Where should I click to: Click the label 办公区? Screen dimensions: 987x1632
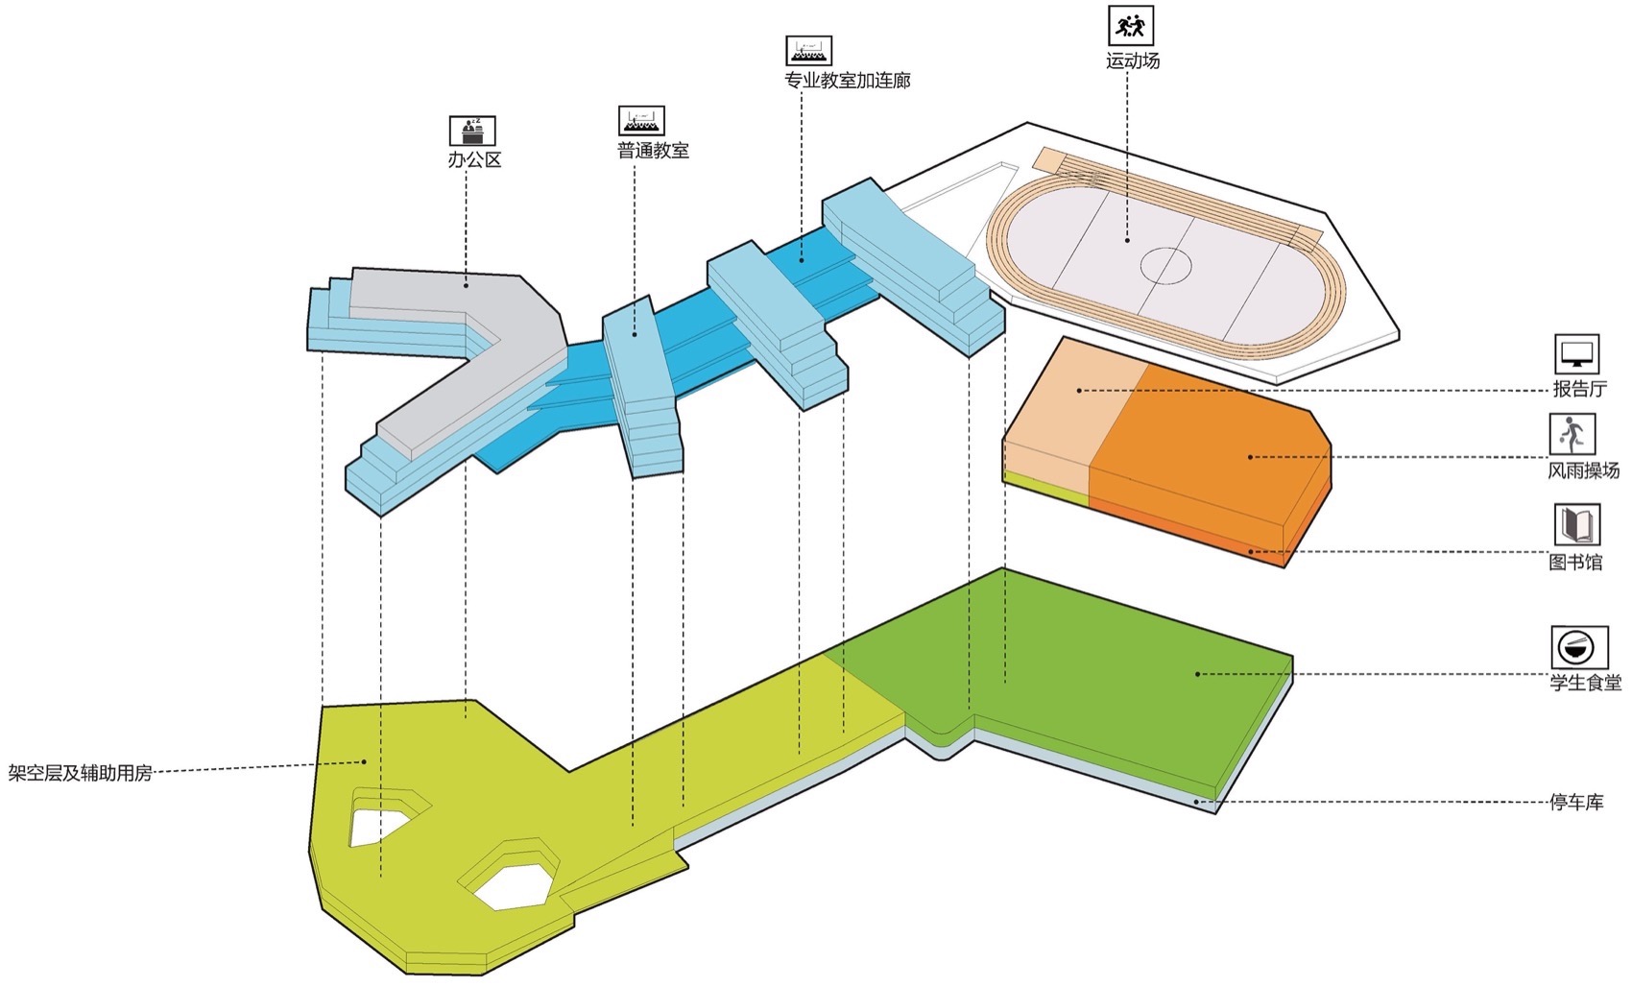click(474, 159)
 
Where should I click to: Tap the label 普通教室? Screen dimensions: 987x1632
click(653, 151)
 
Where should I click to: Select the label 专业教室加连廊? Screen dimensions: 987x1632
click(847, 81)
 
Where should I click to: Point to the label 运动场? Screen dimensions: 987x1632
click(1133, 60)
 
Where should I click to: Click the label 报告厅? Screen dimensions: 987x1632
click(1579, 389)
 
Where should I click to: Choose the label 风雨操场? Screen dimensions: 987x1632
click(1583, 470)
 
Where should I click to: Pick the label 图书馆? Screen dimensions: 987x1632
click(1575, 562)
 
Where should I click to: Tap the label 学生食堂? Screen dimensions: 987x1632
click(1585, 683)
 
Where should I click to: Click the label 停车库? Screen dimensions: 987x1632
click(1576, 802)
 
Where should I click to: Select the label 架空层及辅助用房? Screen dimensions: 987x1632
click(81, 773)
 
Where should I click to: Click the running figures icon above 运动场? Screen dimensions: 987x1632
click(1131, 25)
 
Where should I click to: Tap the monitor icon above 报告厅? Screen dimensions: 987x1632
click(1576, 354)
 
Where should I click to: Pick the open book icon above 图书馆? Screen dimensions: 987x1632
click(1576, 525)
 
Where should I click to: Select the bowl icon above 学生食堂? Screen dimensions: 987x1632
click(1579, 646)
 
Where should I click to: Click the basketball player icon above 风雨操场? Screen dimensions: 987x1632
click(1572, 435)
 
